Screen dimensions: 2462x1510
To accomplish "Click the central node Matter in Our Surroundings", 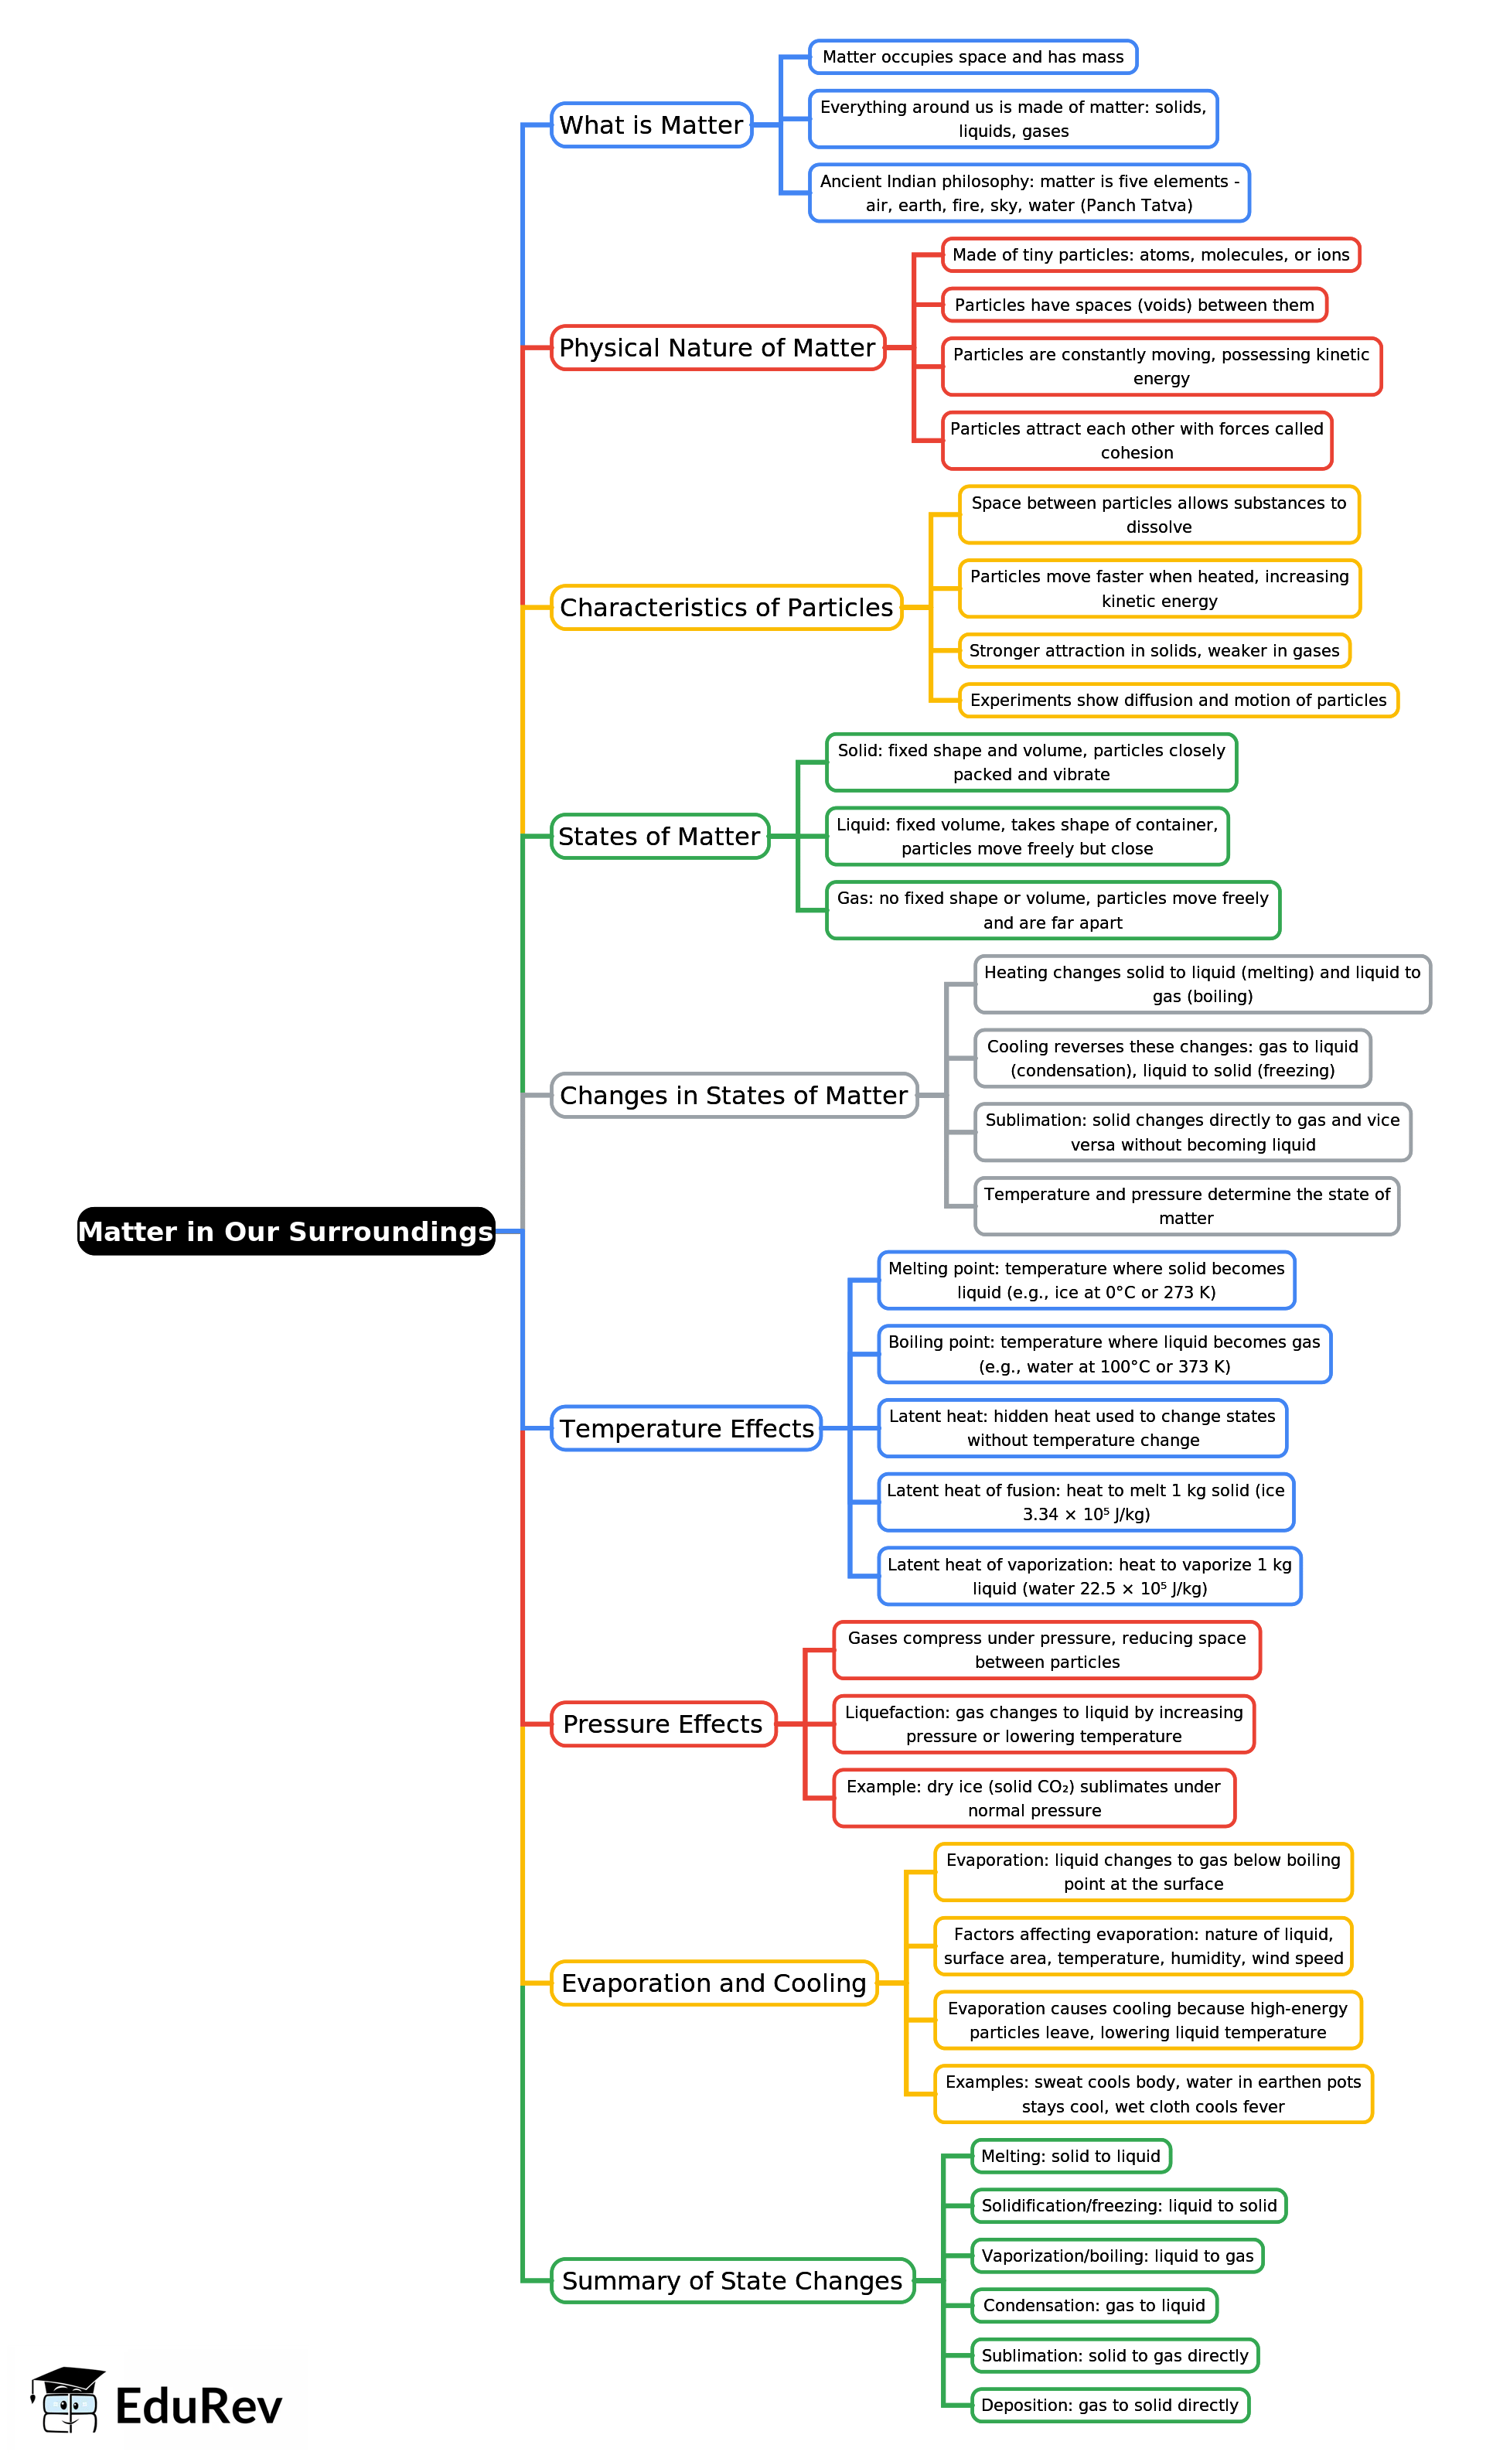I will coord(286,1231).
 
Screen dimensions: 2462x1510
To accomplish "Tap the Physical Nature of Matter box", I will coord(717,348).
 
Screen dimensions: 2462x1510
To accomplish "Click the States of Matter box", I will coord(659,837).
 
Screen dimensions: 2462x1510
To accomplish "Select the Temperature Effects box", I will coord(686,1429).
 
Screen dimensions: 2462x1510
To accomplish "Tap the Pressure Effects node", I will coord(663,1724).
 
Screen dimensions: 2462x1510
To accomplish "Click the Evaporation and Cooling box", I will coord(714,1983).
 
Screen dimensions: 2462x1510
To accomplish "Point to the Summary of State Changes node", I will coord(731,2280).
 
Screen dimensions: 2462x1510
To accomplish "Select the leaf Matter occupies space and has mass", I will coord(973,57).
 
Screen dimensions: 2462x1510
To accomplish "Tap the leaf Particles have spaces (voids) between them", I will coord(1133,305).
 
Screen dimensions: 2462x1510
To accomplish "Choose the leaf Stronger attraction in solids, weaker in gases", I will coord(1154,650).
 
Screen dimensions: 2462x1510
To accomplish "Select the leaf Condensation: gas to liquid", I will coord(1093,2305).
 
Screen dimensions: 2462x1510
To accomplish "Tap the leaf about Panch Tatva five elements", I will coord(1028,193).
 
